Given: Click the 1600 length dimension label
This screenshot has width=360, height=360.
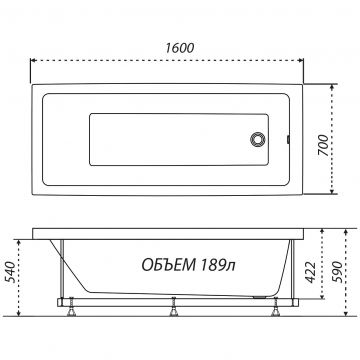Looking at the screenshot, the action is (180, 48).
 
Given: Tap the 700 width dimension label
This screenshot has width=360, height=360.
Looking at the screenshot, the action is (323, 145).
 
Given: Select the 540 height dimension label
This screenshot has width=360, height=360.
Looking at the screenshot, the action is (11, 272).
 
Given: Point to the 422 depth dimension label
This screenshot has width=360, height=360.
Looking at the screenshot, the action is (311, 272).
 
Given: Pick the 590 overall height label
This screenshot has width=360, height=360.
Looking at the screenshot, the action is (337, 272).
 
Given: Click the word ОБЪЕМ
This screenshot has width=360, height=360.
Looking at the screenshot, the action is (169, 266).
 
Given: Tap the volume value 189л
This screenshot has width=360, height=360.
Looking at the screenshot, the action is (218, 266).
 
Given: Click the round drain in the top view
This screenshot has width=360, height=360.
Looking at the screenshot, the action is (258, 139).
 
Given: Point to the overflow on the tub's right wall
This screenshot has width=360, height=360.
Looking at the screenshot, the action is (288, 139).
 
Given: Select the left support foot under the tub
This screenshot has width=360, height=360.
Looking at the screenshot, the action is (71, 311).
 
